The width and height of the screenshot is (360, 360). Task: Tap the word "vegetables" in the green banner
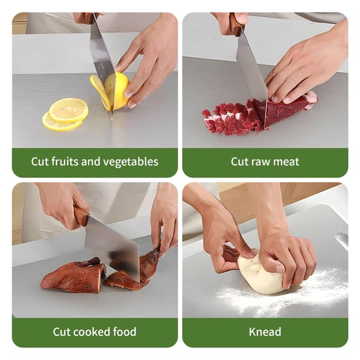[131, 162]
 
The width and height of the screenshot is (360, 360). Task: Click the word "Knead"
[265, 332]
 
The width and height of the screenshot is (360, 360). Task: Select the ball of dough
[262, 273]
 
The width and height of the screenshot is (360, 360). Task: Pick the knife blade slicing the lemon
[102, 62]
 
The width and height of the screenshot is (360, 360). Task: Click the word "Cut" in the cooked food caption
[61, 332]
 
